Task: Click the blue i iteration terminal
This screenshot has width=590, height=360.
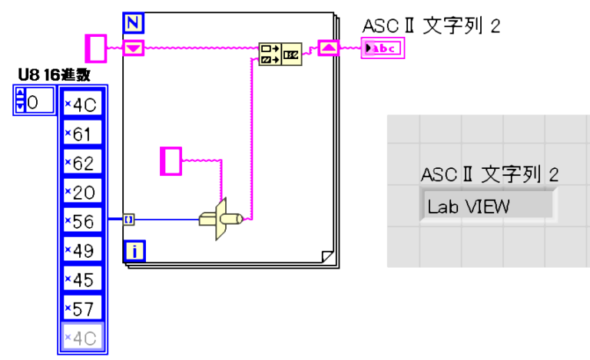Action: (x=134, y=250)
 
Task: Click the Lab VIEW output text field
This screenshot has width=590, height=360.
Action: (x=487, y=206)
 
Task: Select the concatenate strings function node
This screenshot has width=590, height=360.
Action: (x=280, y=54)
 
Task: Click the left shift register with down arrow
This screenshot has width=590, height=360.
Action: (x=134, y=48)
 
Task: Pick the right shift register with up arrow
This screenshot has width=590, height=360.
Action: (x=328, y=48)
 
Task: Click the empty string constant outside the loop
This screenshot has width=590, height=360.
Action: (x=96, y=48)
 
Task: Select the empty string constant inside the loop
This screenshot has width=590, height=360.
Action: (x=171, y=160)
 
